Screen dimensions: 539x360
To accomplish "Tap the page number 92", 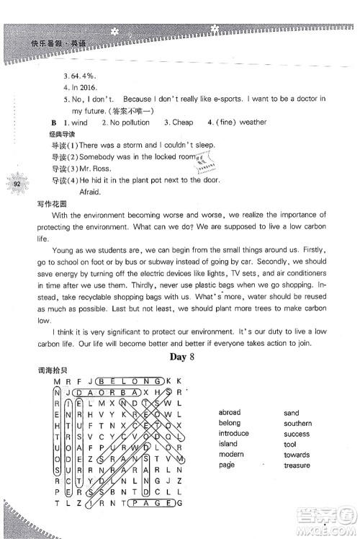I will pyautogui.click(x=17, y=185).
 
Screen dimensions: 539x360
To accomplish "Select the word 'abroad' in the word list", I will pyautogui.click(x=230, y=413).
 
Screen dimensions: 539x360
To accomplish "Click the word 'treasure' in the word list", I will pyautogui.click(x=297, y=465).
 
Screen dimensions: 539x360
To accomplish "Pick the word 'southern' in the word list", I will pyautogui.click(x=297, y=424).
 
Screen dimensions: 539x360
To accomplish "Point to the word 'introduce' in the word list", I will pyautogui.click(x=234, y=434).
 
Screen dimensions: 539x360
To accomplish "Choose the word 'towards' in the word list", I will pyautogui.click(x=297, y=455).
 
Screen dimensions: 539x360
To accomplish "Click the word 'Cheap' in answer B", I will pyautogui.click(x=179, y=122).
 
